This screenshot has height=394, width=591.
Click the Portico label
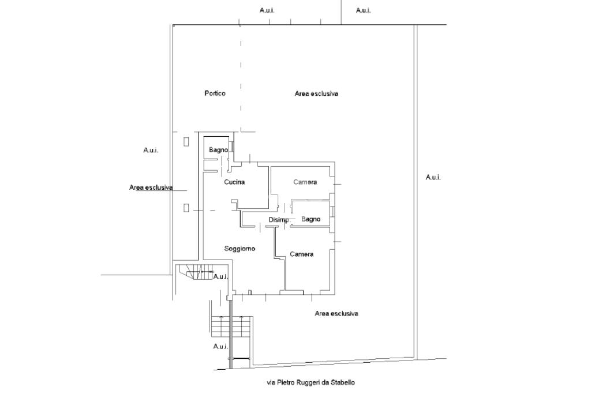(215, 93)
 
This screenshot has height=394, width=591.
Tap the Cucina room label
(234, 182)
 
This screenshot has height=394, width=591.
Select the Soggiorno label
(240, 249)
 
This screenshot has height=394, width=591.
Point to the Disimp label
(278, 220)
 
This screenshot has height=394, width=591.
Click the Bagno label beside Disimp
(311, 219)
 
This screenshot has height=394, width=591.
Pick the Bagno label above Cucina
(218, 151)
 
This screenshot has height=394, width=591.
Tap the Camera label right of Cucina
(305, 182)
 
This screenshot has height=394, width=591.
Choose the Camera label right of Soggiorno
(301, 254)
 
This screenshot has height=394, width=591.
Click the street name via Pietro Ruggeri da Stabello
(311, 382)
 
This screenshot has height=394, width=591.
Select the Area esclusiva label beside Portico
(316, 93)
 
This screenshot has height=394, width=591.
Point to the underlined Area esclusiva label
(151, 187)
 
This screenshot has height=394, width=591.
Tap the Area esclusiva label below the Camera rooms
(336, 314)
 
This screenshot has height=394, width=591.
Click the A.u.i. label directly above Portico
(267, 10)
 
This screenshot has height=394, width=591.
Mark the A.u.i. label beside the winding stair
(220, 277)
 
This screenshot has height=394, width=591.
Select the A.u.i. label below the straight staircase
(220, 347)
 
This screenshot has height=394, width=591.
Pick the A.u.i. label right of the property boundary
(433, 177)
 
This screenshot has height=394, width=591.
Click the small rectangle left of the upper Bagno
(186, 141)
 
